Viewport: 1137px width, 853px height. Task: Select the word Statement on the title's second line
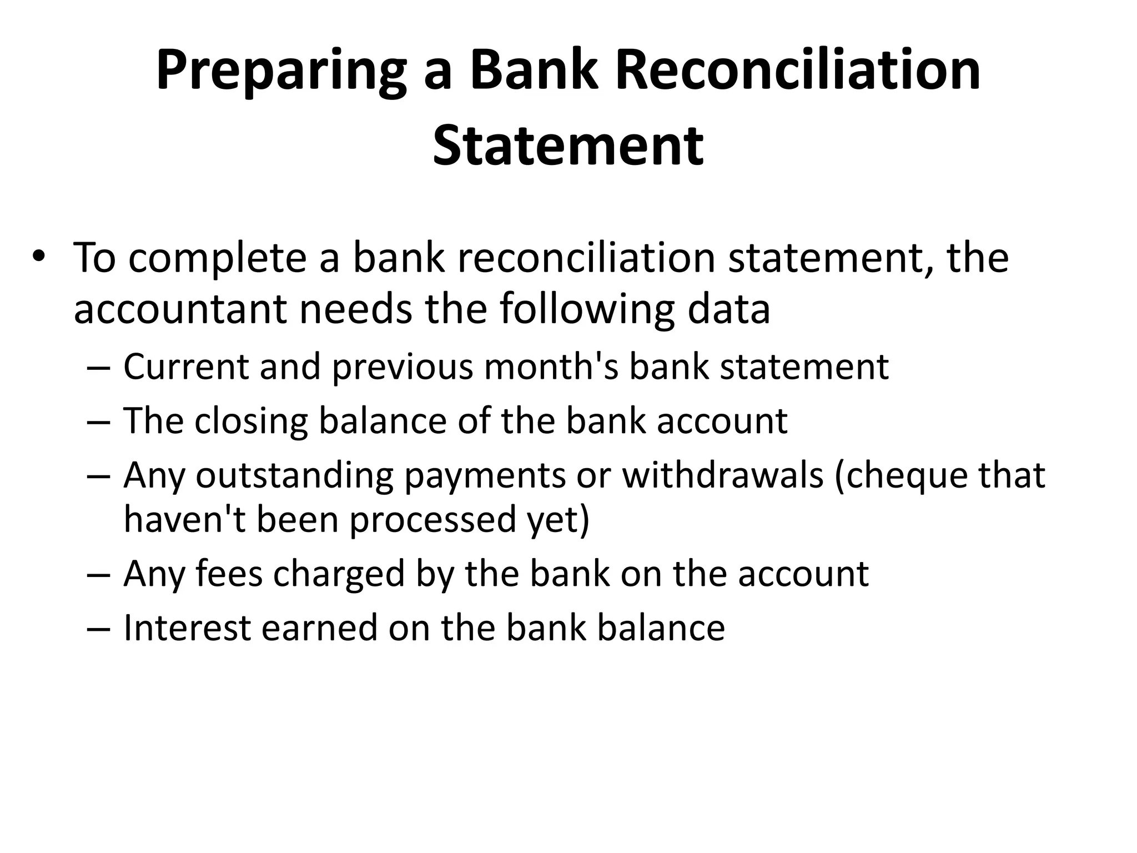(x=568, y=145)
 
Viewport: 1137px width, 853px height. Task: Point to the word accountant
(x=180, y=309)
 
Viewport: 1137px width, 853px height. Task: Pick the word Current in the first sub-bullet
(x=186, y=367)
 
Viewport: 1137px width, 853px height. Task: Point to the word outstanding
(x=294, y=475)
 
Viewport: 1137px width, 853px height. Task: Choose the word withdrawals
(x=722, y=475)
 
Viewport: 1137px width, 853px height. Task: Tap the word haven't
(x=184, y=519)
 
